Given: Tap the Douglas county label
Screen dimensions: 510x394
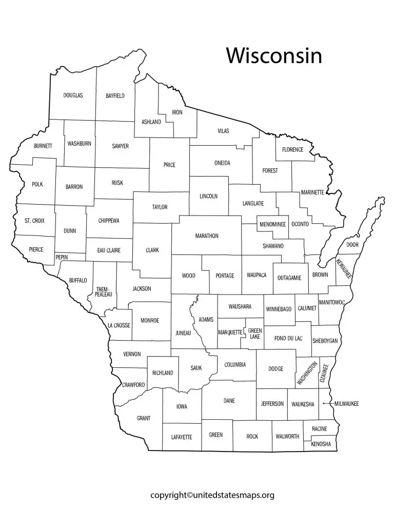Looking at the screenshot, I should click(x=73, y=95).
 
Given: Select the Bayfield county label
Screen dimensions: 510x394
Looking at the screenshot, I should click(x=115, y=95).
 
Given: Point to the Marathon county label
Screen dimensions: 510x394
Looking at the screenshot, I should click(x=207, y=236).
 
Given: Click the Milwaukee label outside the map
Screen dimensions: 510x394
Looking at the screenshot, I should click(x=346, y=404).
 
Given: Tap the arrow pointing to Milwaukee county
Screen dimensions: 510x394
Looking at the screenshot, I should click(x=325, y=404).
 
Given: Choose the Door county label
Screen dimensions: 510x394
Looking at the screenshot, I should click(x=352, y=245).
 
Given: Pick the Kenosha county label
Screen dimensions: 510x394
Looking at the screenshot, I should click(x=321, y=444).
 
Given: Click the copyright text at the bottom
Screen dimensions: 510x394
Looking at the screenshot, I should click(x=212, y=495).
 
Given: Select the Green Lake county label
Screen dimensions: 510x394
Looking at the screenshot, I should click(x=254, y=334).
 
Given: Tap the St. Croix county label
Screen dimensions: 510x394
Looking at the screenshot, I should click(x=34, y=221).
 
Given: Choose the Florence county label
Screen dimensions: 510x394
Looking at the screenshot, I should click(x=292, y=150).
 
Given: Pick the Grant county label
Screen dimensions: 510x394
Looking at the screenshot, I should click(x=144, y=418).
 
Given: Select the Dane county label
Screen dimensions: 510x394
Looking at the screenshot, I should click(x=229, y=400).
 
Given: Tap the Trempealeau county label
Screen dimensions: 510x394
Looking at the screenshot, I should click(x=103, y=293).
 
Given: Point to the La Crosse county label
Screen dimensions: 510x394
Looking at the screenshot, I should click(x=119, y=325).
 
